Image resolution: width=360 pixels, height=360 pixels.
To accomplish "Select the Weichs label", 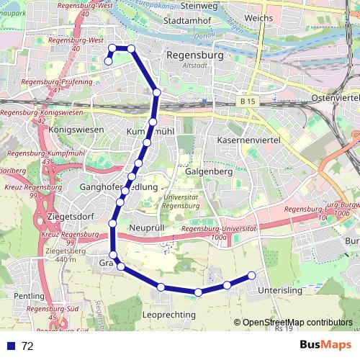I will (x=258, y=17).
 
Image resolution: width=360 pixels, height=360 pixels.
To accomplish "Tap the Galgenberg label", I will (x=207, y=173).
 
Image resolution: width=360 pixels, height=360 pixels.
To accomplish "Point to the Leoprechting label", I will (x=170, y=315).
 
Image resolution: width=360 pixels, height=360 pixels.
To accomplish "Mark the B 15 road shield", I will (x=248, y=102).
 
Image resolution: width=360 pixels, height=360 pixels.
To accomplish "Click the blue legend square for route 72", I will (x=9, y=346).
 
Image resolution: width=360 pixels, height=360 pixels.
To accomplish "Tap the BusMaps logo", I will (x=325, y=345).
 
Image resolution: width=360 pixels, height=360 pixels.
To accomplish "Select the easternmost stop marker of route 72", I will (x=252, y=275).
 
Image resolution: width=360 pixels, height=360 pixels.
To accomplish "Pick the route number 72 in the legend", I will (x=27, y=346).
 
